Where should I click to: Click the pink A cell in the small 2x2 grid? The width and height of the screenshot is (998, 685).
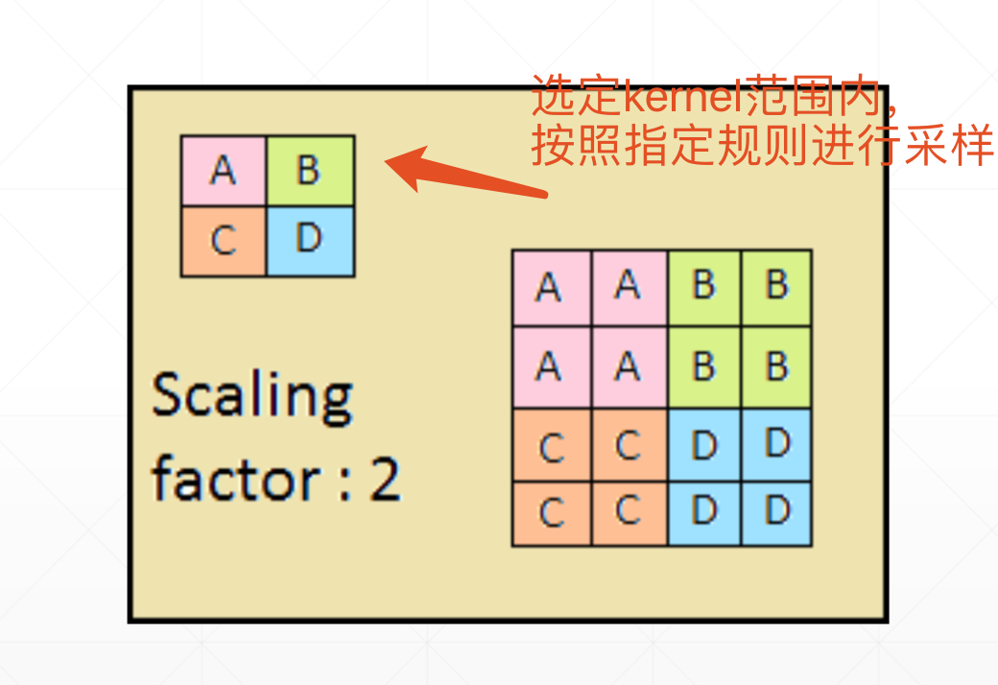pos(223,171)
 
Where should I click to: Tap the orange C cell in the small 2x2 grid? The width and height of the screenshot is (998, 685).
pos(223,241)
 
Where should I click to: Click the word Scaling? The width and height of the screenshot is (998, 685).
pos(252,394)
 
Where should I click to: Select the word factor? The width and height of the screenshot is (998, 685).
pos(225,478)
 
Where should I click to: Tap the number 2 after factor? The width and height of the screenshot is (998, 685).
pos(384,478)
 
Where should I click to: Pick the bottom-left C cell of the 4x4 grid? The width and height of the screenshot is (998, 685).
pos(551,513)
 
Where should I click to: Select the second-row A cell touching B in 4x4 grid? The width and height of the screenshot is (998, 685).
pos(629,366)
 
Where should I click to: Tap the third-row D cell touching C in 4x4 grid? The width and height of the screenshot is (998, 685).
pos(703,445)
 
